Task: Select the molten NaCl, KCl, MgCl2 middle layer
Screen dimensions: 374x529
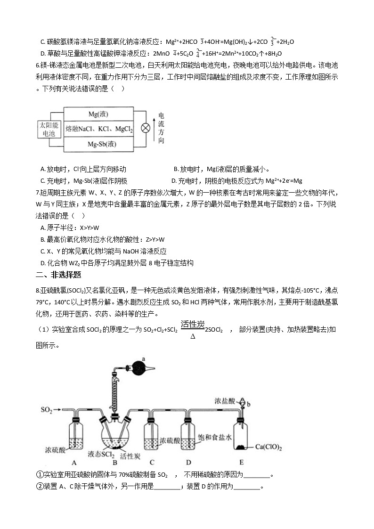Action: click(99, 129)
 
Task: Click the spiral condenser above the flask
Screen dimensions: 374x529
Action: click(114, 391)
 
